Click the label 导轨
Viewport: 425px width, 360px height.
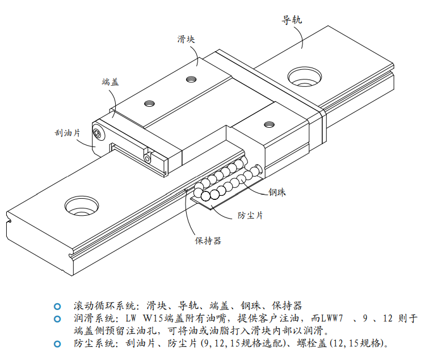(x=292, y=19)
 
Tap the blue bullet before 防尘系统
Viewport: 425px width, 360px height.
(x=57, y=344)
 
